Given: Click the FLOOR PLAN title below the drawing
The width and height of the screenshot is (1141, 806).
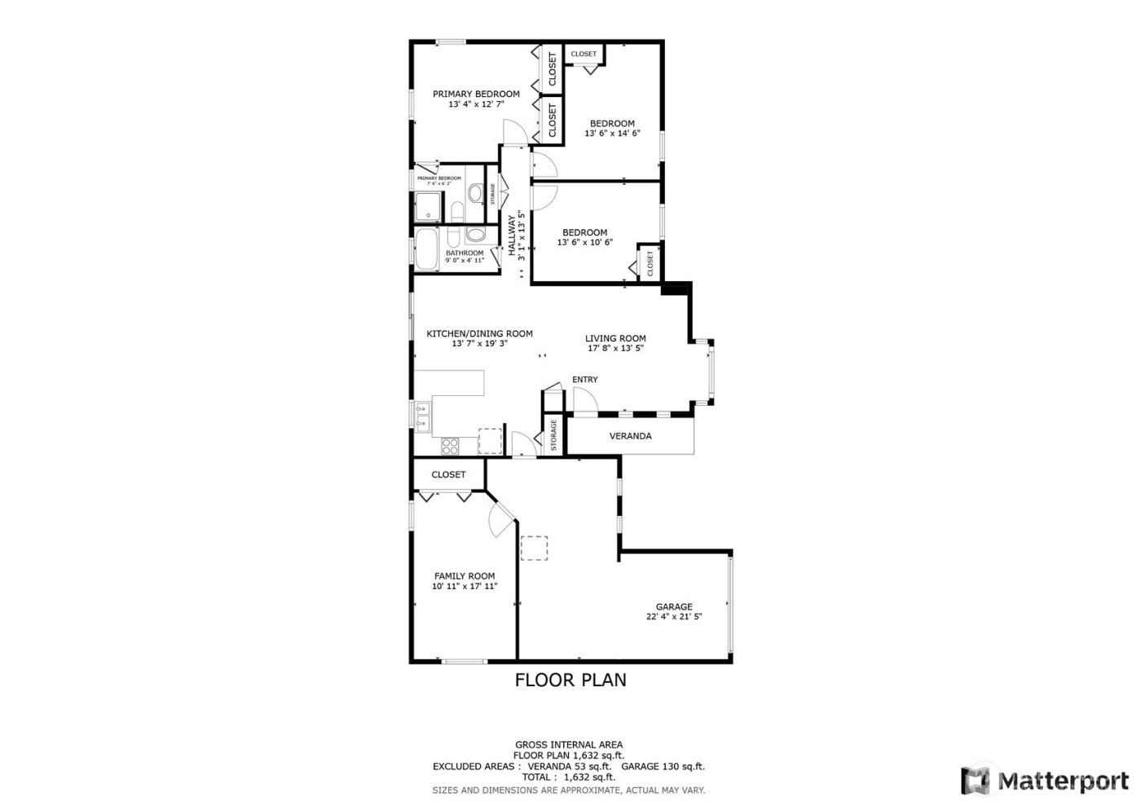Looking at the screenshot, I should (x=570, y=680).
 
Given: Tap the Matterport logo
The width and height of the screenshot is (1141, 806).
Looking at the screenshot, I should (x=1046, y=781).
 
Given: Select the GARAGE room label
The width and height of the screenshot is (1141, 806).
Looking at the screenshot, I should (x=674, y=606).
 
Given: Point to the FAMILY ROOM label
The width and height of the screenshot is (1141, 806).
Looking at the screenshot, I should (x=464, y=576).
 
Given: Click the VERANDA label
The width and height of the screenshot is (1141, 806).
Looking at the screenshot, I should (x=630, y=436).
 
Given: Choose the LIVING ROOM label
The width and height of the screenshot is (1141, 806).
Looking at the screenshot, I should (x=615, y=338).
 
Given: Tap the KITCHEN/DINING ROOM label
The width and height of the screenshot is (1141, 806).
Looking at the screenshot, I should (x=479, y=333).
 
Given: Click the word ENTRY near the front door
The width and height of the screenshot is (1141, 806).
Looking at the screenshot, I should (x=584, y=380).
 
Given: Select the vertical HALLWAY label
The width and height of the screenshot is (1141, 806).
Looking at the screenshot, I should (x=513, y=236).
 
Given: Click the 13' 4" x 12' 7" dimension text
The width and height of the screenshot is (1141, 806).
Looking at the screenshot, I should (x=476, y=104).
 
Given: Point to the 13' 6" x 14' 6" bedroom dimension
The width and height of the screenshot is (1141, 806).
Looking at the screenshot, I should (x=612, y=134).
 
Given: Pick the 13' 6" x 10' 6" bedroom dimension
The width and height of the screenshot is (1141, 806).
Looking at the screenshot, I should (x=584, y=242).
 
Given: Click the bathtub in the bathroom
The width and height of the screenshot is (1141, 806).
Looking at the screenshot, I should (x=426, y=249).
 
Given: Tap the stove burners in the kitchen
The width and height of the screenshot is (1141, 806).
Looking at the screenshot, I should (x=449, y=445).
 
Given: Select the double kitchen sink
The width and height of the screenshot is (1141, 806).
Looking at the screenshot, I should (x=421, y=416).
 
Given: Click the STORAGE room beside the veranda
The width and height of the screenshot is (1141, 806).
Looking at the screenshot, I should (x=553, y=436).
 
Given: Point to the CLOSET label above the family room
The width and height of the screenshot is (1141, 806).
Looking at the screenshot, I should (x=448, y=474).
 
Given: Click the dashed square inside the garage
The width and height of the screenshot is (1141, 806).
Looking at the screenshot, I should (x=535, y=548).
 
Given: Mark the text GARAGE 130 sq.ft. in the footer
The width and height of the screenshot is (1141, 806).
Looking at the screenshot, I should (x=663, y=767).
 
